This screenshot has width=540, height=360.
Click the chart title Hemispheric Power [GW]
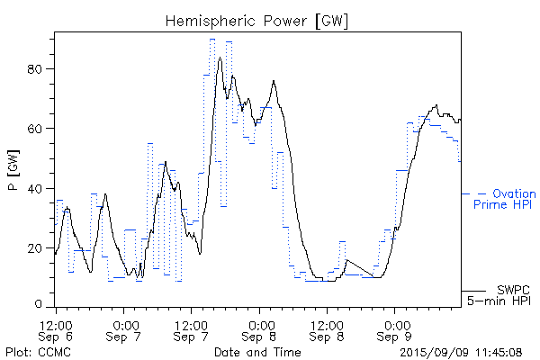click(x=257, y=20)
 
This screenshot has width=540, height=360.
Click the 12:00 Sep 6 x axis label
click(x=56, y=329)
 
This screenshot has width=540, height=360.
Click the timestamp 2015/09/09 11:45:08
click(x=461, y=352)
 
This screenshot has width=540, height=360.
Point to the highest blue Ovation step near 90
click(x=212, y=40)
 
